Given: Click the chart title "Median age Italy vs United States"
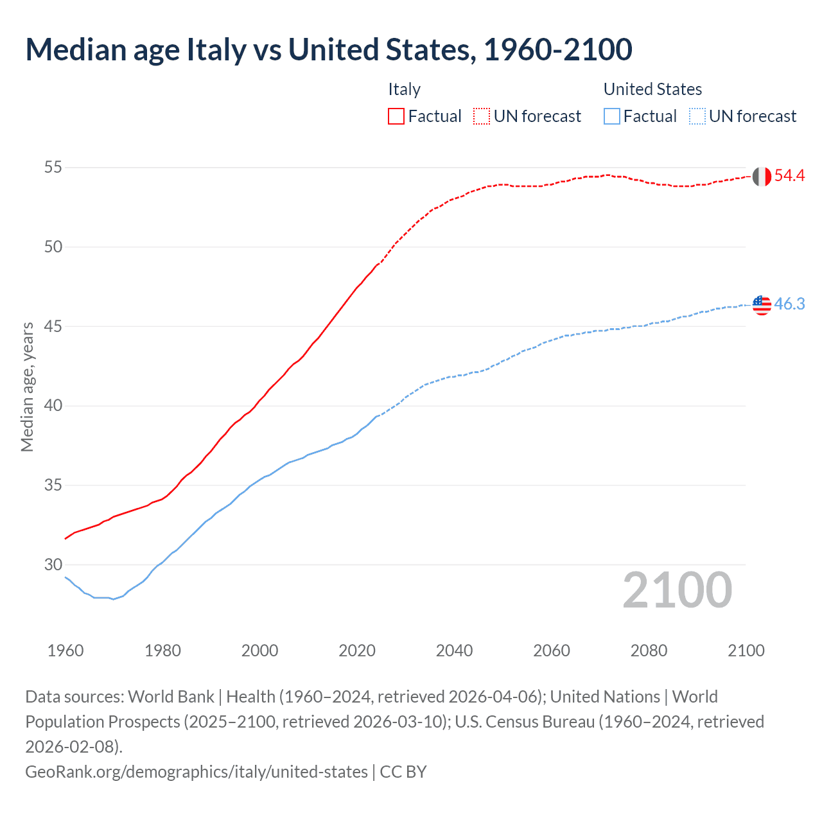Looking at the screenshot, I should [x=328, y=49].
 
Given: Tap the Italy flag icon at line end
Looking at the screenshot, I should [x=762, y=176].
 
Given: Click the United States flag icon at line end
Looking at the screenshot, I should [x=762, y=305].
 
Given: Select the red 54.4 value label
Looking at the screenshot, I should [x=789, y=175].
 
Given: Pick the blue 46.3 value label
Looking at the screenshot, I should [x=789, y=304].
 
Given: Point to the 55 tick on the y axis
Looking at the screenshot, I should [x=53, y=168].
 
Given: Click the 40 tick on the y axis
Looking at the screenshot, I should [x=53, y=406].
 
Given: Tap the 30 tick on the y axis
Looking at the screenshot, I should [x=53, y=565].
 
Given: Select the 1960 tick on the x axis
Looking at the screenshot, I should [x=66, y=651].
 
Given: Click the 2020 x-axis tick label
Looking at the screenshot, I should [x=357, y=651].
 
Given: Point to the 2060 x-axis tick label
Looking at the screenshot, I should [x=552, y=651].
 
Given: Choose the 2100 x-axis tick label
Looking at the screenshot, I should [x=746, y=651].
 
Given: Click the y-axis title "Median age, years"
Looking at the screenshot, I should [x=27, y=387].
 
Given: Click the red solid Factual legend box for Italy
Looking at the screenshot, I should [x=396, y=116].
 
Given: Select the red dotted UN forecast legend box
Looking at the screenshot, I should [x=482, y=116].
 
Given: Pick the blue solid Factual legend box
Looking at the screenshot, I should [x=612, y=116].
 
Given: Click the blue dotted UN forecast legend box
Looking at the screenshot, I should [x=697, y=116].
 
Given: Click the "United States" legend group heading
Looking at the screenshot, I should [x=652, y=89].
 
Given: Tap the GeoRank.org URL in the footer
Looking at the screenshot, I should [x=197, y=771].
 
